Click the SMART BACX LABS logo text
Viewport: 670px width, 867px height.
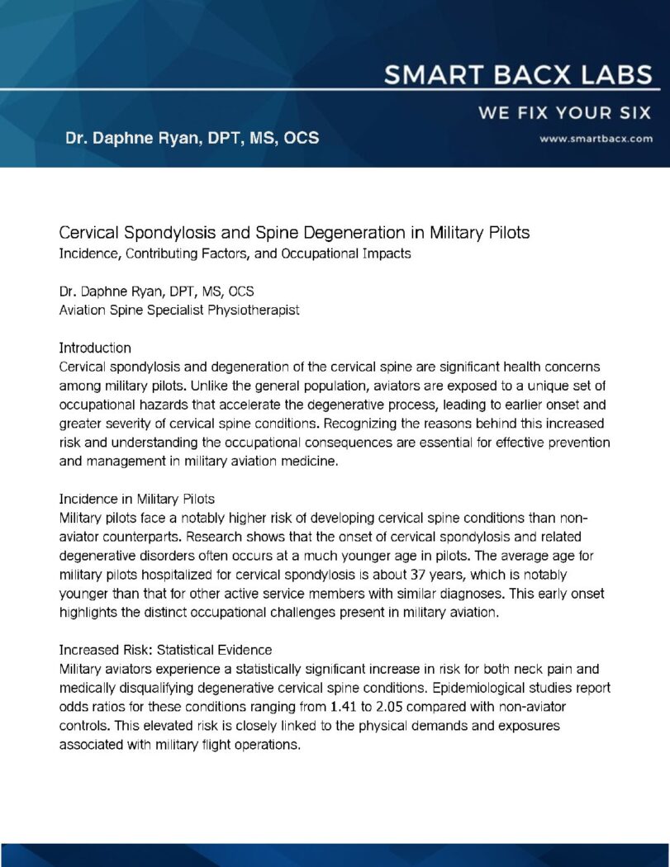[x=518, y=76]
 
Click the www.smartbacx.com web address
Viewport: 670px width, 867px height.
[x=596, y=139]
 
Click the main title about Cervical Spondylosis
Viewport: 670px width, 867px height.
[x=294, y=233]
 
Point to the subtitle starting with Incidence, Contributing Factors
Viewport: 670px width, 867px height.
[x=235, y=253]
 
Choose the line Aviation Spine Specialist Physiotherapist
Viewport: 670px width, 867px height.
[x=179, y=310]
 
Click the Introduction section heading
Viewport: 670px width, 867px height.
[x=95, y=348]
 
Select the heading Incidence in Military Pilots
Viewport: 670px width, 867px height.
[x=137, y=499]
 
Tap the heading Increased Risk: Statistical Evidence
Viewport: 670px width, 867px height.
[x=165, y=650]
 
